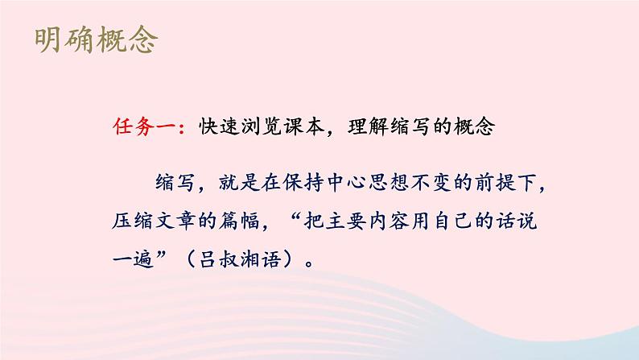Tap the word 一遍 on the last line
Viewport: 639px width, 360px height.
(x=131, y=259)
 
